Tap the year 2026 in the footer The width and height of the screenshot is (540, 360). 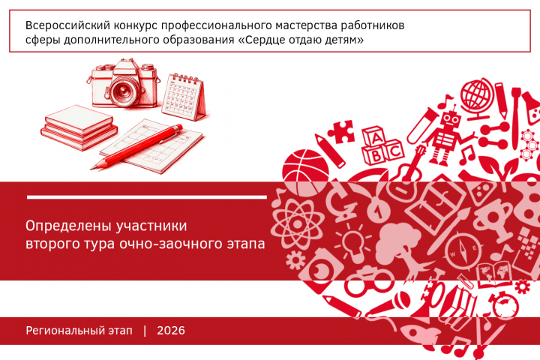171,331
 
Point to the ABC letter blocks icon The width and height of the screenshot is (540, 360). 382,146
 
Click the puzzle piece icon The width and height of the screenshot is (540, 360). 341,131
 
